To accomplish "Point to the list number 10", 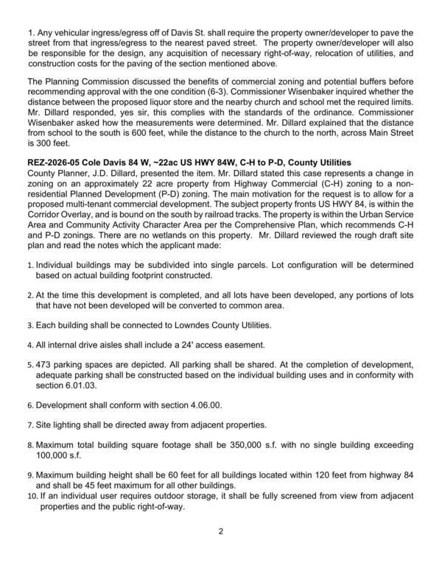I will pyautogui.click(x=32, y=497).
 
